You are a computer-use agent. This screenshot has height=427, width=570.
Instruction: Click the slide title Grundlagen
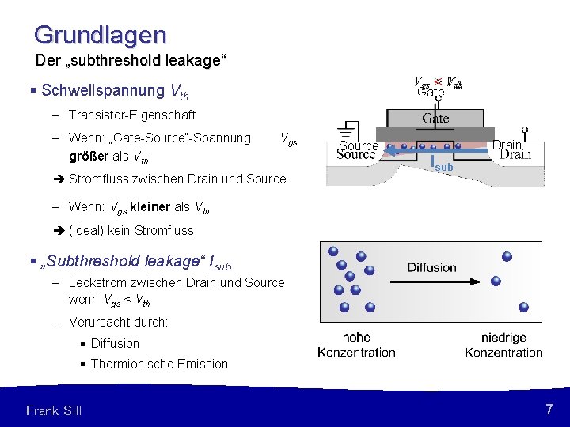coord(101,35)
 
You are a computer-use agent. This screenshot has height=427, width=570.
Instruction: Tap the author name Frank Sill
coord(54,410)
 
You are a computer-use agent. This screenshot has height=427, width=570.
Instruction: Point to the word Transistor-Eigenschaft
coord(132,115)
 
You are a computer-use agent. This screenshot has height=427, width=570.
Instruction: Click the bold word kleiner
coord(149,206)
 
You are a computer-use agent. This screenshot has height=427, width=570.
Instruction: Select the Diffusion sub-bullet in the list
coord(115,343)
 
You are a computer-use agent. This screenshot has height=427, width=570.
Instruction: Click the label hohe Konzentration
coord(356,345)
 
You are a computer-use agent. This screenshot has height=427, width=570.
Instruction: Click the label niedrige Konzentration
coord(503,345)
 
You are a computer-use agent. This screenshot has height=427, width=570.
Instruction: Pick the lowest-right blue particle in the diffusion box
coord(523,307)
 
